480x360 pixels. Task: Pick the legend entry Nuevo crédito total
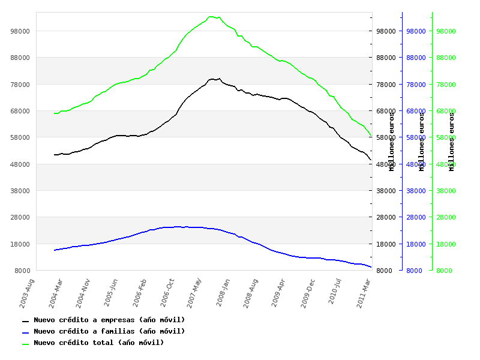tap(98, 343)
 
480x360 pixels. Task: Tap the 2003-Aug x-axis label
tap(26, 292)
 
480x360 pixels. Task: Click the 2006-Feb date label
tap(139, 292)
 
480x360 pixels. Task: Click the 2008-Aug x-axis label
tap(251, 292)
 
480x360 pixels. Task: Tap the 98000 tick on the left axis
tap(20, 31)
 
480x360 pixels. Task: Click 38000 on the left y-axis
tap(20, 190)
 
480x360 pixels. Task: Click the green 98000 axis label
tap(446, 31)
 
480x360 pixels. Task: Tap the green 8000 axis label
tap(445, 271)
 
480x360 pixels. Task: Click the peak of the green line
tap(211, 17)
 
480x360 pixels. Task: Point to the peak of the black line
tap(212, 79)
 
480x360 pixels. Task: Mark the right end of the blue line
tap(371, 267)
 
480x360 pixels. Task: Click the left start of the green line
tap(54, 113)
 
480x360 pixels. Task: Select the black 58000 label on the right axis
tap(381, 137)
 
